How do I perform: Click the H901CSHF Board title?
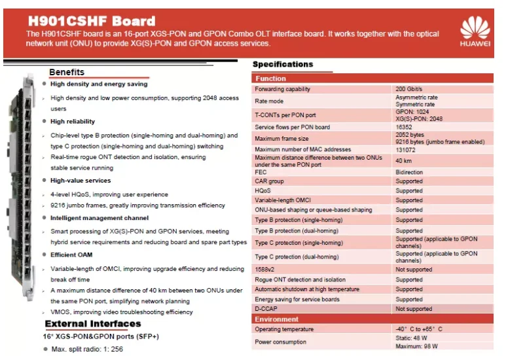(91, 21)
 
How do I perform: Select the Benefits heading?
(67, 72)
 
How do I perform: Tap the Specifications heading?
(283, 64)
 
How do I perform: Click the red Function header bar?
(372, 79)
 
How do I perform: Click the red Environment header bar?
(372, 319)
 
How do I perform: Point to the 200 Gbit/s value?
(410, 89)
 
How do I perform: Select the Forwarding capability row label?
(282, 89)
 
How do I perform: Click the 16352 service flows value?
(405, 127)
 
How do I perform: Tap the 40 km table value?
(404, 160)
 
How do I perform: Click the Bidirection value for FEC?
(409, 172)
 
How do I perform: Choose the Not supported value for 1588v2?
(414, 270)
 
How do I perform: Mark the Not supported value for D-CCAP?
(414, 309)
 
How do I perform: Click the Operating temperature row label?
(283, 329)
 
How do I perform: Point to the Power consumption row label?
(280, 342)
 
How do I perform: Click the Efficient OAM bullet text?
(71, 255)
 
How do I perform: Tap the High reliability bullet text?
(72, 121)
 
